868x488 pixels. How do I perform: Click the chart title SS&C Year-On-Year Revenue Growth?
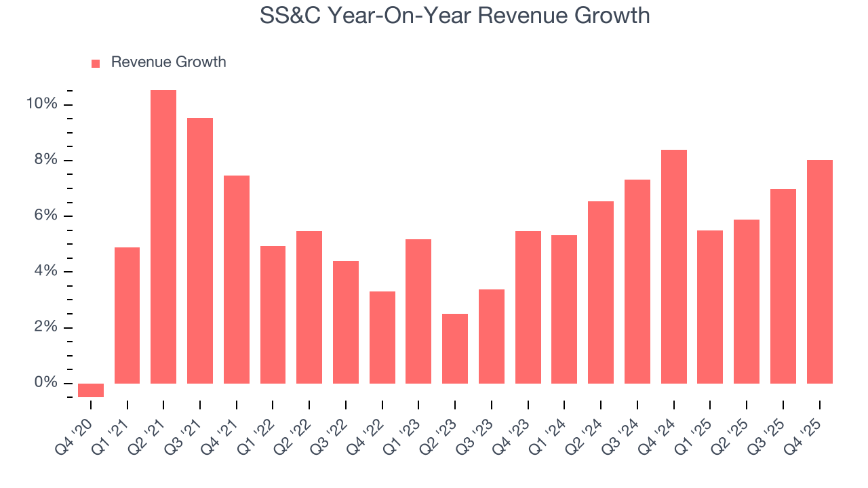coord(454,15)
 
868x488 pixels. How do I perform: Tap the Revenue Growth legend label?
coord(168,62)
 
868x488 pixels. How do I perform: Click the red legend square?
coord(96,63)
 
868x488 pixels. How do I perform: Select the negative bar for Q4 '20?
coord(91,390)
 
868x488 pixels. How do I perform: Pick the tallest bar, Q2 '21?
coord(163,237)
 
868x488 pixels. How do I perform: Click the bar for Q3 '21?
coord(200,251)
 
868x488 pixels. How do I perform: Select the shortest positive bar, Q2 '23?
coord(455,349)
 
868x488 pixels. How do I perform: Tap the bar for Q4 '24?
coord(674,267)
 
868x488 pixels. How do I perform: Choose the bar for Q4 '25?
coord(820,272)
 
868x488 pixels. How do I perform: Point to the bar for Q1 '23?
coord(418,312)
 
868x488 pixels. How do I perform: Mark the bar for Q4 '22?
coord(382,338)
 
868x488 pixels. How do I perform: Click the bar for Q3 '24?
coord(637,282)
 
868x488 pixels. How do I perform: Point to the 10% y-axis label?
coord(41,104)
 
